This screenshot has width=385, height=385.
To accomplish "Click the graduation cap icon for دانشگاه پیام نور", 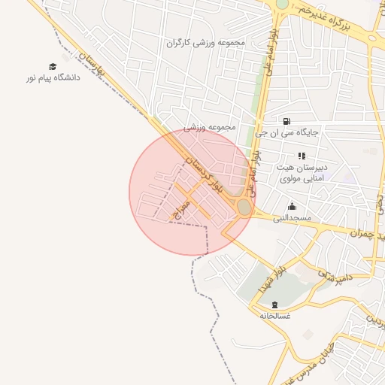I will click(52, 66).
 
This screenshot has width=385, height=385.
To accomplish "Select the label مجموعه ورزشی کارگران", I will click(206, 43).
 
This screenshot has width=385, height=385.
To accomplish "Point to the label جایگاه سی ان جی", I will click(286, 132).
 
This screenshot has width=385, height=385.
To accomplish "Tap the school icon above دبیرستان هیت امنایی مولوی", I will click(302, 156).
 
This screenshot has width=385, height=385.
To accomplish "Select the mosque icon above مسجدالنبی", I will click(292, 207).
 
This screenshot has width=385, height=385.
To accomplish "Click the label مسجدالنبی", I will click(292, 217).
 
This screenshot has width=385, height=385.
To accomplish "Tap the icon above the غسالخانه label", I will click(275, 305).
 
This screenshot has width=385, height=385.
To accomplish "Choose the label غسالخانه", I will click(275, 315).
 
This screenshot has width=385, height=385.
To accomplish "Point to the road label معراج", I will click(182, 209).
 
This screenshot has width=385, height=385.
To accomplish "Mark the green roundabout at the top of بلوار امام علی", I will click(282, 4).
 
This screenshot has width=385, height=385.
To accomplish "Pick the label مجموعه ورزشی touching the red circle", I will click(210, 127).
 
